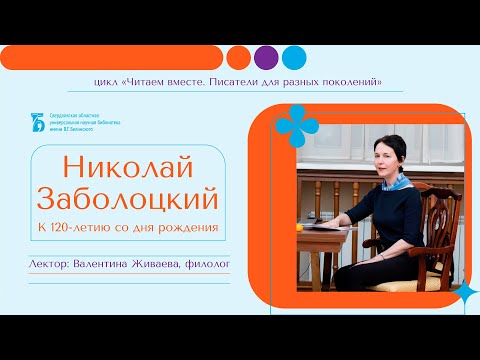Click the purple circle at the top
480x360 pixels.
pyautogui.click(x=266, y=56)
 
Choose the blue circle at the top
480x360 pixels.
pyautogui.click(x=293, y=56)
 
